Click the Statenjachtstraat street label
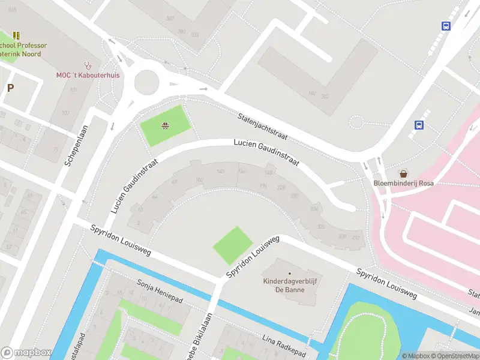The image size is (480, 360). pos(262,127)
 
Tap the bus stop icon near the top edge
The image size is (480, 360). pos(446,26)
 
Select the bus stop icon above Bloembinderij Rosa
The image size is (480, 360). pos(419,125)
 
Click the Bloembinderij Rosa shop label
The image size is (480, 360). pos(403,183)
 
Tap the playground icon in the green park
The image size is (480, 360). pos(164,125)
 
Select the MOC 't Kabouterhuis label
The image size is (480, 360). pos(88,75)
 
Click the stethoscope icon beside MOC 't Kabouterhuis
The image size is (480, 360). pos(88,65)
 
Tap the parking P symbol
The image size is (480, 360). pos(10,88)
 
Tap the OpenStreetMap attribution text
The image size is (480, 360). pos(454,356)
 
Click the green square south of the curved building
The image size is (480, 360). pos(233,245)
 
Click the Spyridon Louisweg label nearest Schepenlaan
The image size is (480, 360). pos(120,240)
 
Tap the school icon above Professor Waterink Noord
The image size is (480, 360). pos(16,35)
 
